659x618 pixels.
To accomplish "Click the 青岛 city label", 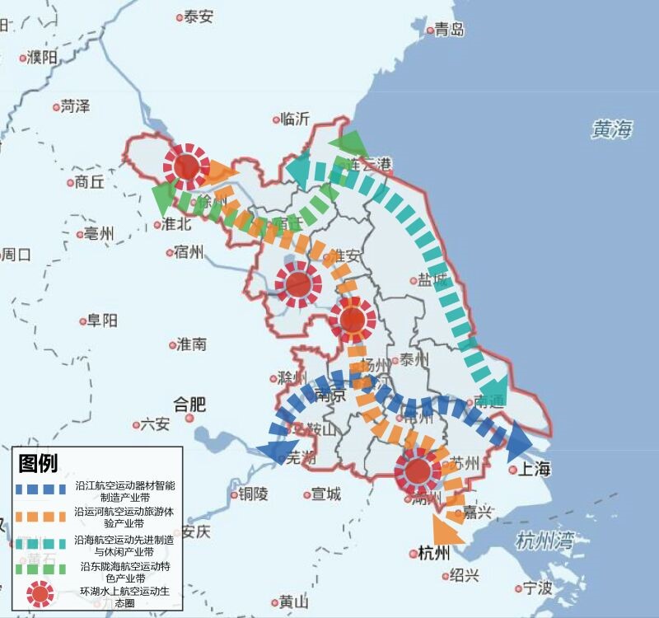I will pos(450,30).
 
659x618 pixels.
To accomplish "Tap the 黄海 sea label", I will pos(612,129).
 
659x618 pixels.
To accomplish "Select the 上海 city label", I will pos(534,470).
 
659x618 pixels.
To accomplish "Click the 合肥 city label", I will pos(189,405).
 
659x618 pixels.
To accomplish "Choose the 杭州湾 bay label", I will pos(544,541).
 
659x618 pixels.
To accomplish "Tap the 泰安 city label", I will pos(199,16).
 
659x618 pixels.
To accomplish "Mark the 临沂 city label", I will pos(295,119).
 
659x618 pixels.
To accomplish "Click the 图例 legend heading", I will pos(39,463).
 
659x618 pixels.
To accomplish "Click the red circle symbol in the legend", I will pos(39,593).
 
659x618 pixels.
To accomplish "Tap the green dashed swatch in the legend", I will pos(40,569).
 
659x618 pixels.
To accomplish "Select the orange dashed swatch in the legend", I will pos(40,517).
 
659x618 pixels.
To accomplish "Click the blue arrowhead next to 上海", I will pos(518,442).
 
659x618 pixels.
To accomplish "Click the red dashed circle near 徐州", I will pos(187,165).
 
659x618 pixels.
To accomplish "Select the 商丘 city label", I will pos(89,182).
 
